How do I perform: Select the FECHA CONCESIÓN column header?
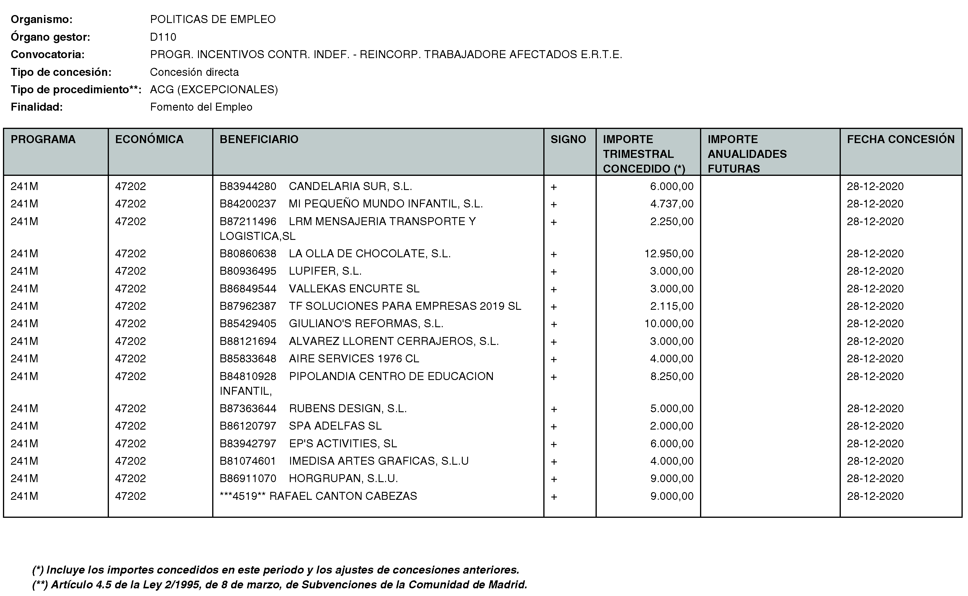click(x=901, y=140)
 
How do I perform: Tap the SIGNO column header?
click(x=568, y=140)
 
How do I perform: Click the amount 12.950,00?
click(x=669, y=253)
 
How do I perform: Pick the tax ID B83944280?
click(x=248, y=186)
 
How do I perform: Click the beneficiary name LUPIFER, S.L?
click(x=325, y=271)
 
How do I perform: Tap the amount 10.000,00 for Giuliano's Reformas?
click(x=669, y=324)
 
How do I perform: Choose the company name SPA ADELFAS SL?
click(x=335, y=426)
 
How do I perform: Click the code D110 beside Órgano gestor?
click(x=163, y=37)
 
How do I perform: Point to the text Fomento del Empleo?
click(x=201, y=107)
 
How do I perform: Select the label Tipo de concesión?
click(x=61, y=72)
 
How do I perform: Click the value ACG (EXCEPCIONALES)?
click(x=214, y=90)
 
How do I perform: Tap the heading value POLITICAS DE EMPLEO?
click(x=212, y=19)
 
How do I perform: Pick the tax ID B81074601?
click(x=248, y=461)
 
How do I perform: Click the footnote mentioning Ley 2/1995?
click(x=279, y=584)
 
